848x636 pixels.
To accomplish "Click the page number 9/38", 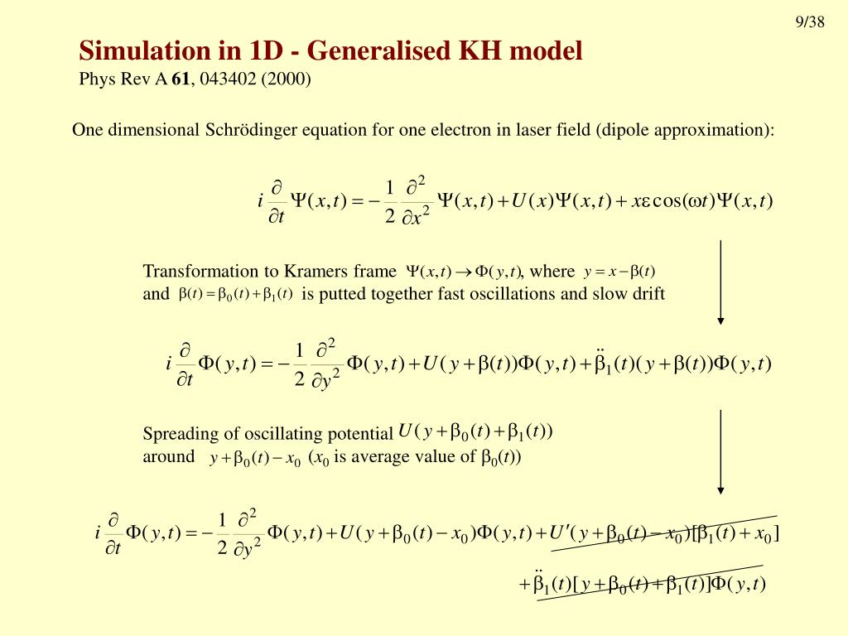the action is click(x=810, y=22).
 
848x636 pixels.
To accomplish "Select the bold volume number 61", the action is click(x=181, y=79).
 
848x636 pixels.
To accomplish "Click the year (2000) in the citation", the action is click(x=284, y=79).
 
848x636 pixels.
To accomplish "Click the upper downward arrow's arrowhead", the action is click(x=721, y=319).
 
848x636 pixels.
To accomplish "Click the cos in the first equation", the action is click(x=668, y=200).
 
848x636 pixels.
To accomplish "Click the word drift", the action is click(x=646, y=293).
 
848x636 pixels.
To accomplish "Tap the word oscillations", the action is click(x=512, y=293).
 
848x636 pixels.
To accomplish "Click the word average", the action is click(x=384, y=456).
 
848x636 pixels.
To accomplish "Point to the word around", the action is click(x=168, y=456).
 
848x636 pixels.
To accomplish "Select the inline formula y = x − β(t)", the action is click(x=619, y=272).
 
